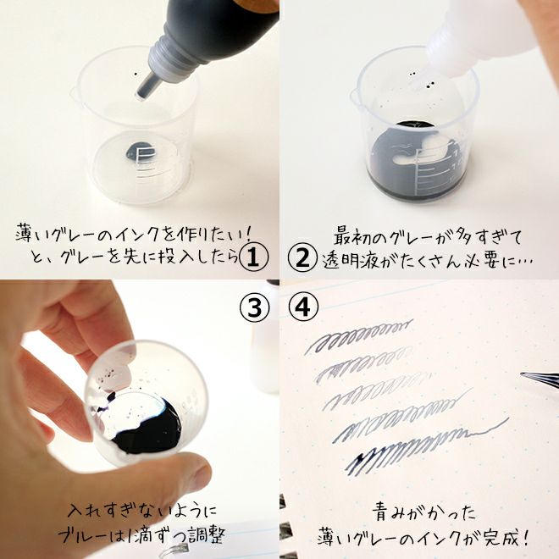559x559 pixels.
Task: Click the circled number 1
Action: (254, 257)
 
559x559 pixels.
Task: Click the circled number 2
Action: (302, 258)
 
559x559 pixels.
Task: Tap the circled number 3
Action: (254, 307)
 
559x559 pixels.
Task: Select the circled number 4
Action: (302, 307)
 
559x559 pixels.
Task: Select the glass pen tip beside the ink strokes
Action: (540, 377)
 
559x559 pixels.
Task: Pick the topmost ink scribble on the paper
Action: (358, 335)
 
